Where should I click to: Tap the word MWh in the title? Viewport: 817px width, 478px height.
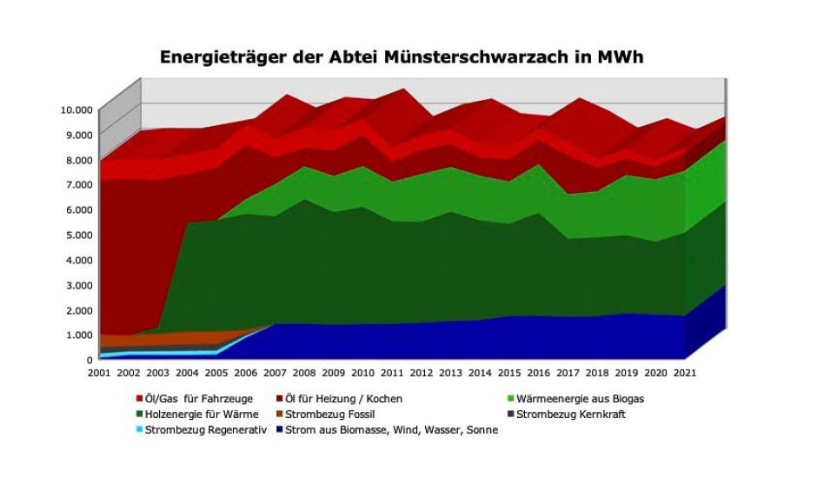click(x=620, y=58)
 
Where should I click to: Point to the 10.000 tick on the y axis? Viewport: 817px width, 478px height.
click(x=76, y=110)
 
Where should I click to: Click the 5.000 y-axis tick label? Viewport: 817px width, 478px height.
click(x=78, y=235)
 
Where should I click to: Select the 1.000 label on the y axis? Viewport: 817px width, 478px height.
click(x=78, y=335)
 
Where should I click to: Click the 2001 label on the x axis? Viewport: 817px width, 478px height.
click(x=99, y=373)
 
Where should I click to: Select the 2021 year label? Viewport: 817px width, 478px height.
click(x=683, y=373)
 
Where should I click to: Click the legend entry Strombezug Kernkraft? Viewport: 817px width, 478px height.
click(x=570, y=415)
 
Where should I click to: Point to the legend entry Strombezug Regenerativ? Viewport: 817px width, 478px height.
click(x=205, y=430)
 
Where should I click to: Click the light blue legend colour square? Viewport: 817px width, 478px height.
click(x=138, y=430)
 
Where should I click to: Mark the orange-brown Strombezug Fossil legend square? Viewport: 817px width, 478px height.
click(x=281, y=415)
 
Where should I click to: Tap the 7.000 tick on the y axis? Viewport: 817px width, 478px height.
click(x=78, y=184)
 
